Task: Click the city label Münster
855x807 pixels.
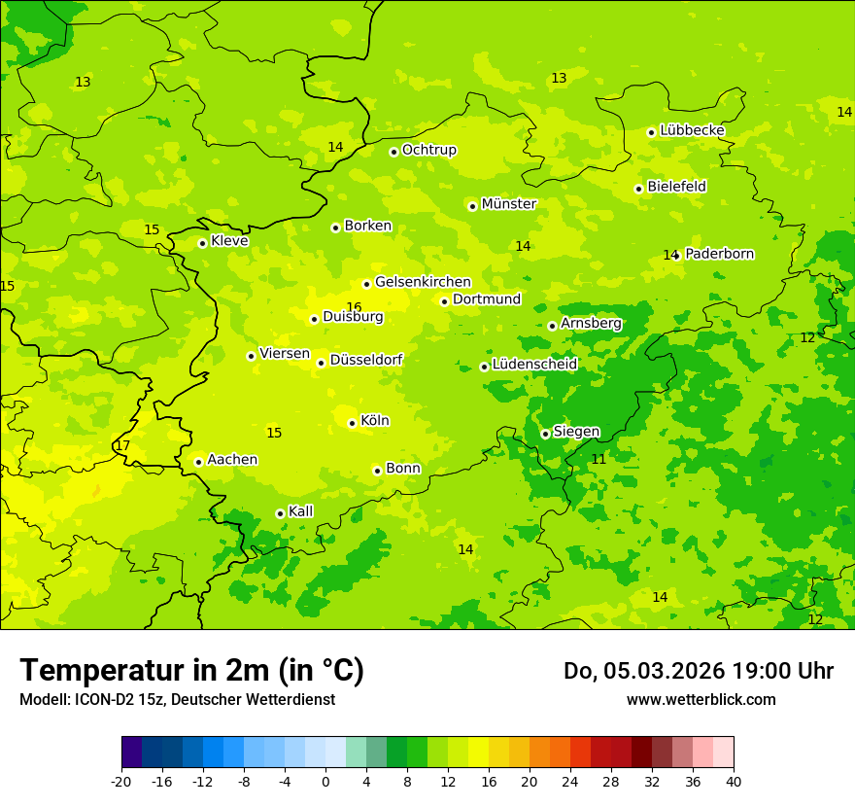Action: pos(508,204)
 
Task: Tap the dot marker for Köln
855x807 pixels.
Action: pos(352,423)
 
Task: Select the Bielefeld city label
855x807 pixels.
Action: pos(676,187)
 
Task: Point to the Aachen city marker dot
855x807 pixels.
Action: pos(198,462)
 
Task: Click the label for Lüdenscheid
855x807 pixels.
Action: pos(534,365)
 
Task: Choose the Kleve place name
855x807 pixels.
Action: pos(229,241)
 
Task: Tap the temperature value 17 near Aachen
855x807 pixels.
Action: pos(122,445)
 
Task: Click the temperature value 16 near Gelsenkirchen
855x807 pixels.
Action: pos(354,307)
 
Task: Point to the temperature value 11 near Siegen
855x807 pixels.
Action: pos(598,459)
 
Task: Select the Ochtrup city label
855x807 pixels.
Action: pos(428,150)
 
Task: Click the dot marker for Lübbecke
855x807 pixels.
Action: pos(651,132)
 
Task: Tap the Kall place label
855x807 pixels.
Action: pos(300,511)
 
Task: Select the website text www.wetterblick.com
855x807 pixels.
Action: pos(701,699)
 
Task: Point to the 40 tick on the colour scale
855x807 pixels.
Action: pos(733,781)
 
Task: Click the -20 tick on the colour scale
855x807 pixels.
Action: pos(121,781)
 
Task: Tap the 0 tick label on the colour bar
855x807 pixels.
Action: pos(325,781)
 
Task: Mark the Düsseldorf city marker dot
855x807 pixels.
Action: pos(321,363)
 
